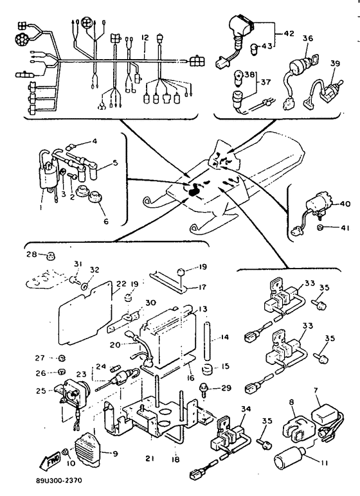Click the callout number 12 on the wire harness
pyautogui.click(x=145, y=38)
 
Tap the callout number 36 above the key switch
pyautogui.click(x=308, y=39)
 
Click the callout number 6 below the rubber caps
pyautogui.click(x=106, y=221)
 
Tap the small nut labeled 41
pyautogui.click(x=319, y=227)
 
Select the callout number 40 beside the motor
pyautogui.click(x=345, y=204)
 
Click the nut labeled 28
pyautogui.click(x=50, y=255)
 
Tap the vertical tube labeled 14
pyautogui.click(x=207, y=340)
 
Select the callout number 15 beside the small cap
pyautogui.click(x=225, y=366)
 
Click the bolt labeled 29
pyautogui.click(x=203, y=389)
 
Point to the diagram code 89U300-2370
pyautogui.click(x=59, y=481)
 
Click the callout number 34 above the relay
pyautogui.click(x=246, y=409)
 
